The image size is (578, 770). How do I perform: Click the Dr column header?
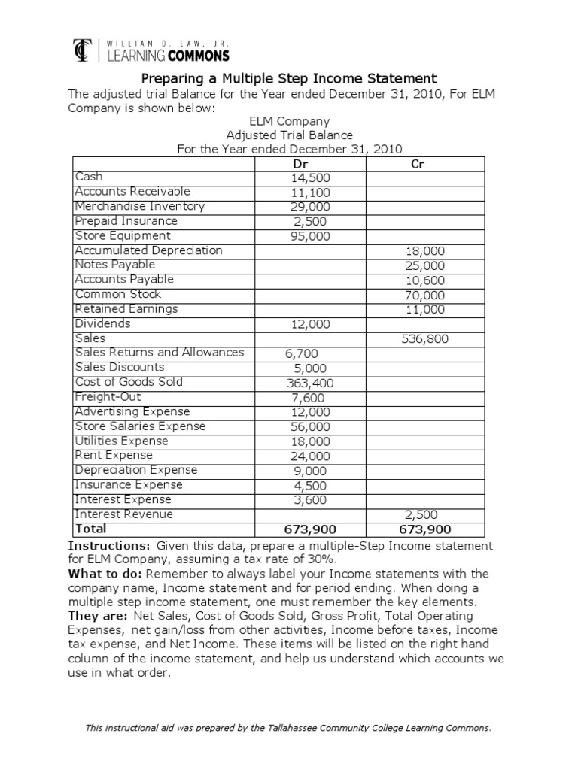(310, 164)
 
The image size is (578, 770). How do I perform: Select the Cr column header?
(419, 164)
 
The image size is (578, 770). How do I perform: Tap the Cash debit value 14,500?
(310, 178)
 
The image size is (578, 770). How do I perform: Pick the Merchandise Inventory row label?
(139, 206)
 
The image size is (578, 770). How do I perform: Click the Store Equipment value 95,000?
(310, 236)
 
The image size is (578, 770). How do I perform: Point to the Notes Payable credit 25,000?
(425, 265)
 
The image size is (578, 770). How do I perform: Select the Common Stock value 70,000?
(425, 295)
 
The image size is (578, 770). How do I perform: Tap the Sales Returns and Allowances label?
(159, 353)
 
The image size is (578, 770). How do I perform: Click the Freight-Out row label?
(108, 397)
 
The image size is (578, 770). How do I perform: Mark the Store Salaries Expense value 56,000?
(310, 426)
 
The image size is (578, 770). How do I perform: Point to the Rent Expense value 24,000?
(310, 456)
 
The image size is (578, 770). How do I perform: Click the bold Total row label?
(90, 529)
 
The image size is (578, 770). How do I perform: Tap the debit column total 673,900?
(309, 530)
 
